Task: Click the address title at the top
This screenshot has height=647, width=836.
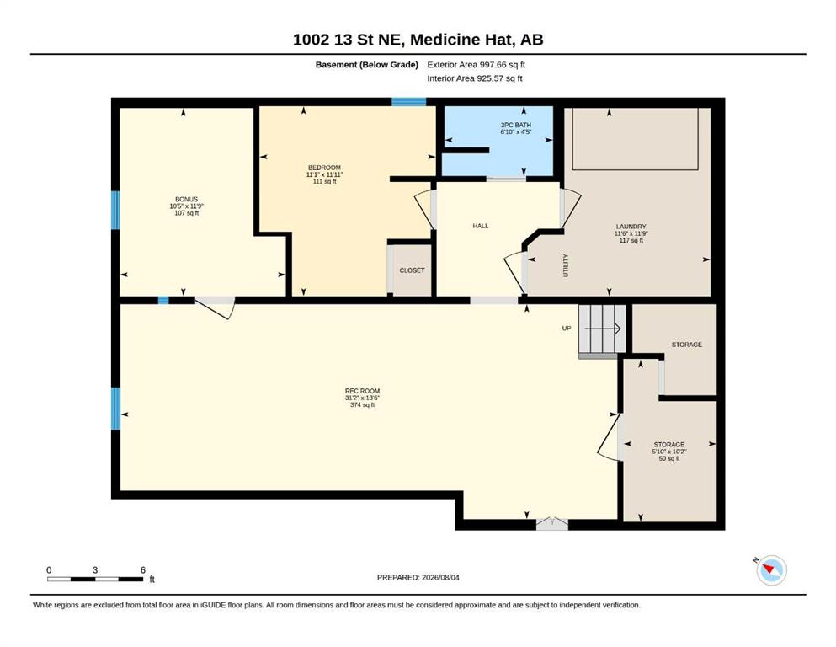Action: click(418, 40)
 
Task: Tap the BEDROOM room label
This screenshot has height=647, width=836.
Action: click(324, 168)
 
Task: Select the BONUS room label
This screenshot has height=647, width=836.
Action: click(187, 199)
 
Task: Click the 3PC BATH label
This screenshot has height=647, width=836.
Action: click(515, 125)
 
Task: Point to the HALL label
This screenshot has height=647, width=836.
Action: click(481, 226)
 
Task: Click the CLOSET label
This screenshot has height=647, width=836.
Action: click(413, 270)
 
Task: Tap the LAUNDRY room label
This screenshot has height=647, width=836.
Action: click(631, 226)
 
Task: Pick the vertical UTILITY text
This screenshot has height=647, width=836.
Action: click(566, 265)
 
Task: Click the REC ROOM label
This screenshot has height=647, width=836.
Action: click(362, 390)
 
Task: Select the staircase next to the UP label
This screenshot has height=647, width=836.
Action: click(602, 329)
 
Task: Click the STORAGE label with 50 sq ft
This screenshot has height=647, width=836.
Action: click(669, 444)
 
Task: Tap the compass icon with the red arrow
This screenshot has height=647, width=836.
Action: click(771, 570)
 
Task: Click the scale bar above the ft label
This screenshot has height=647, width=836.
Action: click(95, 579)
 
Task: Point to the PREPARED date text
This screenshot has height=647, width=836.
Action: click(418, 577)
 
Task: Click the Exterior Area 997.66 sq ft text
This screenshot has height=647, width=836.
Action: click(477, 65)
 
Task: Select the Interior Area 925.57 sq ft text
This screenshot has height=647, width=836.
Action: click(475, 78)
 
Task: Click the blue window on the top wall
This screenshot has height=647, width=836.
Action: click(409, 102)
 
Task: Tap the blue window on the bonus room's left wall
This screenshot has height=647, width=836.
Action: click(115, 210)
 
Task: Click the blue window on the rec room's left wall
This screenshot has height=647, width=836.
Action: click(115, 409)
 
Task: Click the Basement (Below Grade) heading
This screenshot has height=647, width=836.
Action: click(367, 65)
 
